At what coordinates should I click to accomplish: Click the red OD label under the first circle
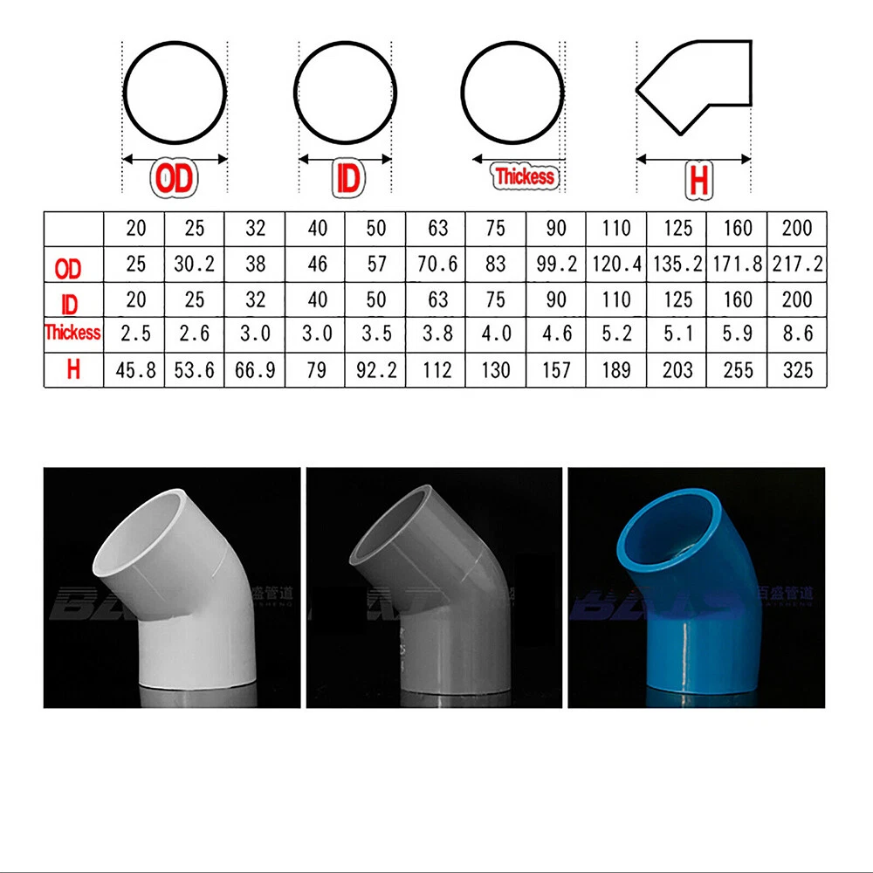175,178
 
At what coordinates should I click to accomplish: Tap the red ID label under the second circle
347,178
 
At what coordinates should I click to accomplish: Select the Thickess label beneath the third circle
525,176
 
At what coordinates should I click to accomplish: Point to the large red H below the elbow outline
698,181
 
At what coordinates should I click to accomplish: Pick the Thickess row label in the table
72,333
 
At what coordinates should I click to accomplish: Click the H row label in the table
72,369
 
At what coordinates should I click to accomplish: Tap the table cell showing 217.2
797,265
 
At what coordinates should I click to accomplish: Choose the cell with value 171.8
738,265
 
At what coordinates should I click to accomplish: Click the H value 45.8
135,370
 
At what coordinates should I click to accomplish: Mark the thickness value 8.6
797,334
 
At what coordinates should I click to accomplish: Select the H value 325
797,370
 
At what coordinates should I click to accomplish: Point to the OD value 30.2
195,265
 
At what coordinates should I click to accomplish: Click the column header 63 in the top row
437,229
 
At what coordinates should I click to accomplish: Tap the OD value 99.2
556,265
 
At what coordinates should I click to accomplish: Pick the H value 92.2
375,370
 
